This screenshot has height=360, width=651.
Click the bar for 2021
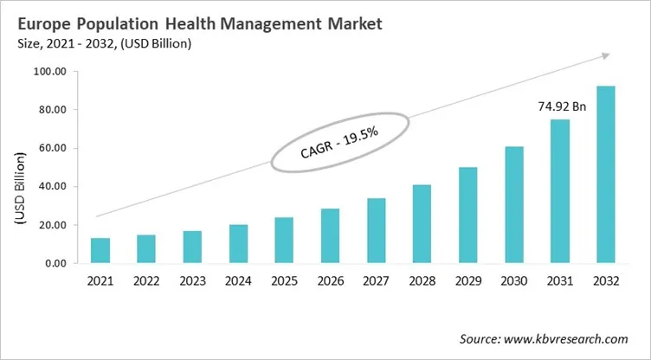[x=100, y=250]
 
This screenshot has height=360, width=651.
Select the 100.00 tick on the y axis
[x=49, y=72]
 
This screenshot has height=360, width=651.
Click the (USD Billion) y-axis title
[x=19, y=186]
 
